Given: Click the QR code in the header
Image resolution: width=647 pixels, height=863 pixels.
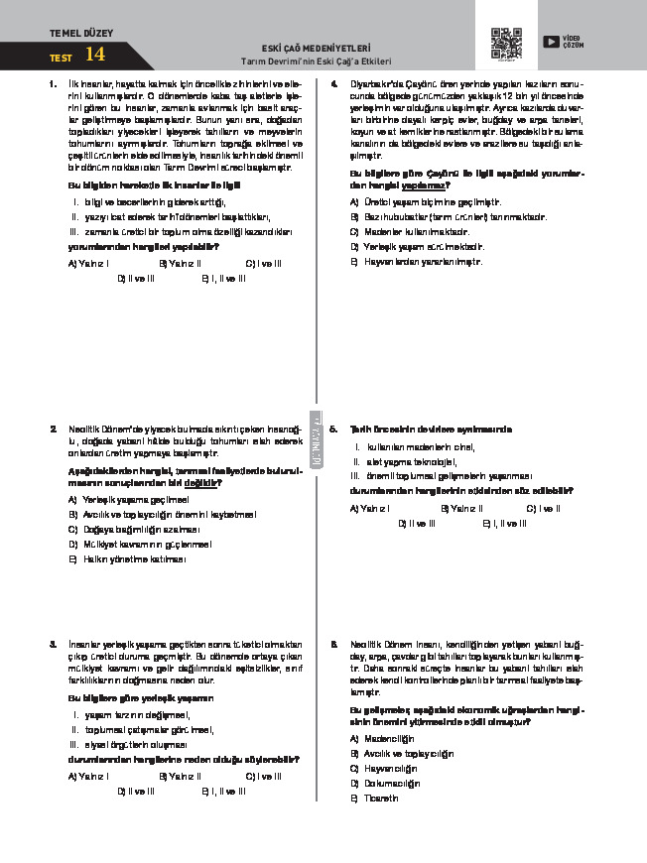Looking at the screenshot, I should coord(506,44).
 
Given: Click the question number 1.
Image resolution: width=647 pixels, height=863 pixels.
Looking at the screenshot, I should coord(52,85).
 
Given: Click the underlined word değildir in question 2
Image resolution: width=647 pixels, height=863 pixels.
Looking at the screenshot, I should coord(204,482).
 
